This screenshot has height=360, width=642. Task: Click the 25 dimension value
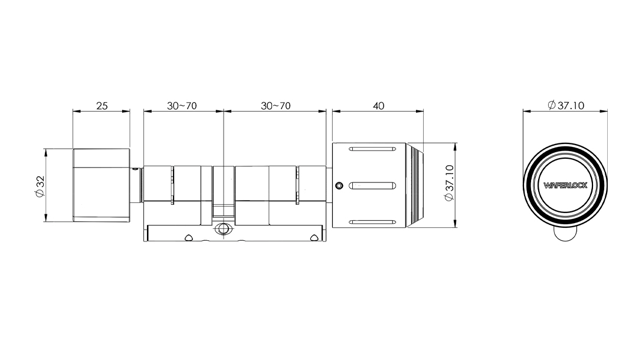pos(102,106)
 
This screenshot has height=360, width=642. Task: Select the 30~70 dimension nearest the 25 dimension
pos(182,106)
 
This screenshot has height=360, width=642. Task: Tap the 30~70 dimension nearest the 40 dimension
pos(276,106)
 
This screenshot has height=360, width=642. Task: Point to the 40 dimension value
pos(379,106)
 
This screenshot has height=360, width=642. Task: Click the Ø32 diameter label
pos(40,186)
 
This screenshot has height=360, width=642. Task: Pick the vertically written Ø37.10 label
pos(449,183)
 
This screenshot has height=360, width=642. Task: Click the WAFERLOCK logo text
pos(565,185)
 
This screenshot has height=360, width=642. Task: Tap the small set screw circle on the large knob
pos(339,186)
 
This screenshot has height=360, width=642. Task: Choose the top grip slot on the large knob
pos(372,149)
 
